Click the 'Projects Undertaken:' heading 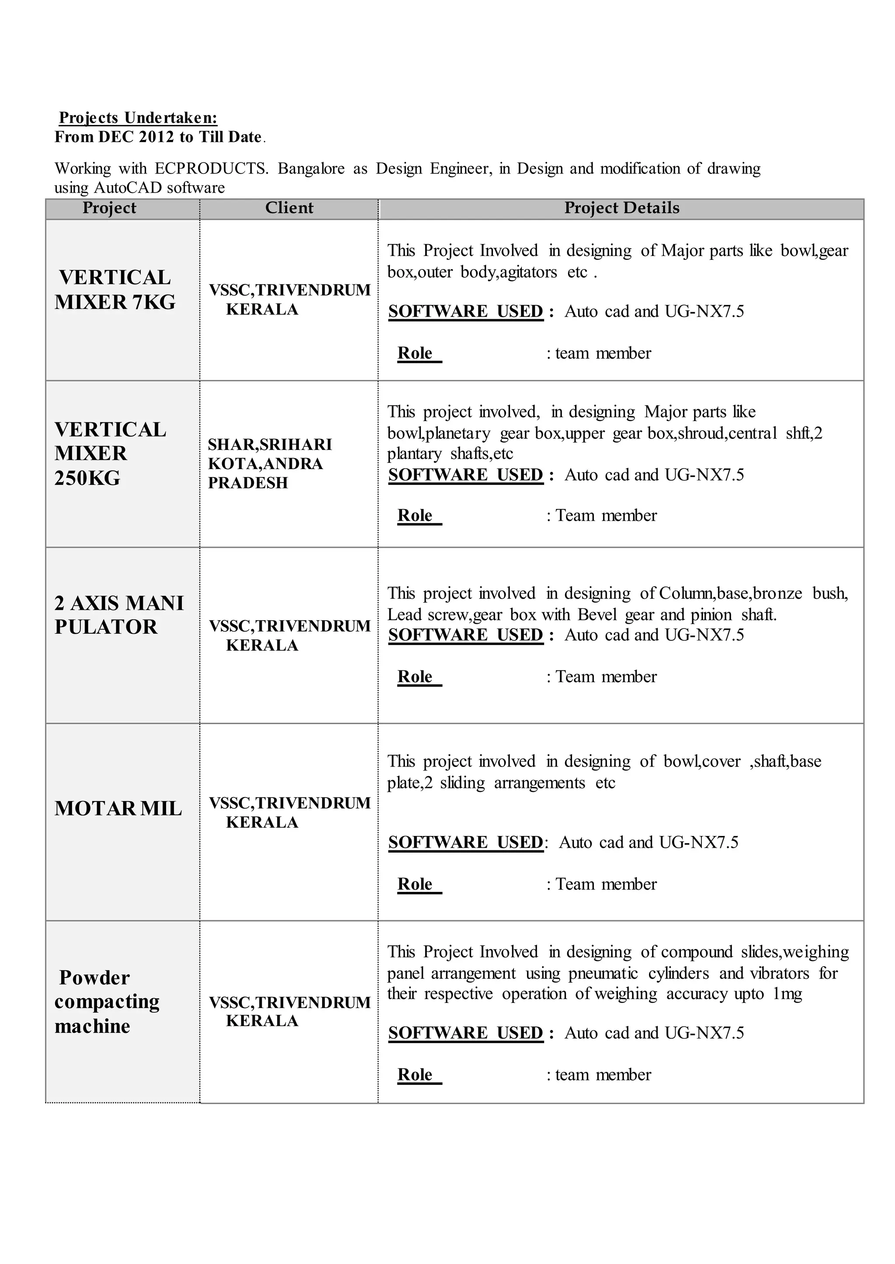click(139, 117)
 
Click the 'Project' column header click(109, 208)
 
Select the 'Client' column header click(289, 208)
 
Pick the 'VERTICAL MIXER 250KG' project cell click(110, 453)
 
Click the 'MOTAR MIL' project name click(118, 808)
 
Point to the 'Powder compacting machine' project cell click(106, 1002)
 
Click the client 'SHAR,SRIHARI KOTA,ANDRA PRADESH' click(270, 464)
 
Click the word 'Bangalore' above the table click(311, 169)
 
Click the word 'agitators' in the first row click(528, 272)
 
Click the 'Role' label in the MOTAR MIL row click(415, 884)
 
